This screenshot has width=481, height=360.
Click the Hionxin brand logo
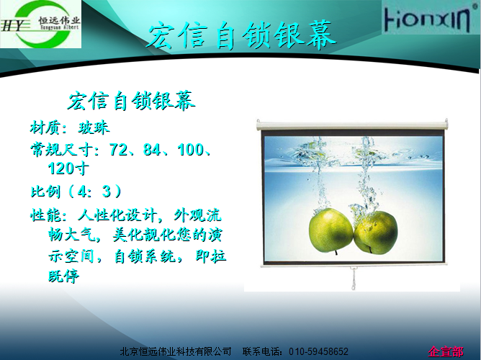point(428,19)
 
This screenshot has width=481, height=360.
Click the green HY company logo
point(40,24)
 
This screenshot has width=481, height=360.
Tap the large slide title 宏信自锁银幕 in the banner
point(242,35)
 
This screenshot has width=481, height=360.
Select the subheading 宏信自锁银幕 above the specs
point(131,101)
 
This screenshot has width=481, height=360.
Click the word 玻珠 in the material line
point(94,127)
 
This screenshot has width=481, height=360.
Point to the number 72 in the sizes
point(118,149)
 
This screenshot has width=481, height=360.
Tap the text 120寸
point(68,168)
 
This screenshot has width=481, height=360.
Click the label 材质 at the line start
point(45,127)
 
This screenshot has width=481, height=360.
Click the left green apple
point(331,230)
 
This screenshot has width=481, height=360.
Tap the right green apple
point(376,233)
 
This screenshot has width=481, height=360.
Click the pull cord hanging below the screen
point(354,278)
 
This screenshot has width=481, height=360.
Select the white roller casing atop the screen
point(352,124)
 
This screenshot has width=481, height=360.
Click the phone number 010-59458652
point(318,351)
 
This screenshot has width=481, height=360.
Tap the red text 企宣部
point(446,351)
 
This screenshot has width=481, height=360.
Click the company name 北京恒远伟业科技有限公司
point(176,351)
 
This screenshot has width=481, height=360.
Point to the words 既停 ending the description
point(64,276)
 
